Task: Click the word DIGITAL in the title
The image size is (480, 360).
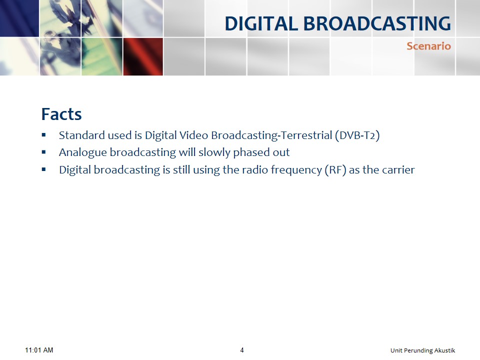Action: [261, 23]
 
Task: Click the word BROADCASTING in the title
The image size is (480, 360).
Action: [377, 23]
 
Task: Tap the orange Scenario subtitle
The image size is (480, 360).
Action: [428, 46]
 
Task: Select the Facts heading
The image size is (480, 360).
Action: [61, 114]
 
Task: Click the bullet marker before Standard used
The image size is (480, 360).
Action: [44, 134]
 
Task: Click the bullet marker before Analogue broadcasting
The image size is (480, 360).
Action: [44, 152]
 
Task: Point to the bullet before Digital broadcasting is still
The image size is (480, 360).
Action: [44, 169]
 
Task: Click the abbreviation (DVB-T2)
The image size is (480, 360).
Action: [357, 135]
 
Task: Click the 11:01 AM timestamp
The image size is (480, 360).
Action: [39, 350]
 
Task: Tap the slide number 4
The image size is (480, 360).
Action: [242, 350]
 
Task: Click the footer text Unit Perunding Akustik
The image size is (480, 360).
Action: [423, 350]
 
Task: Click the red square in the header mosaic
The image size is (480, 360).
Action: [143, 56]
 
